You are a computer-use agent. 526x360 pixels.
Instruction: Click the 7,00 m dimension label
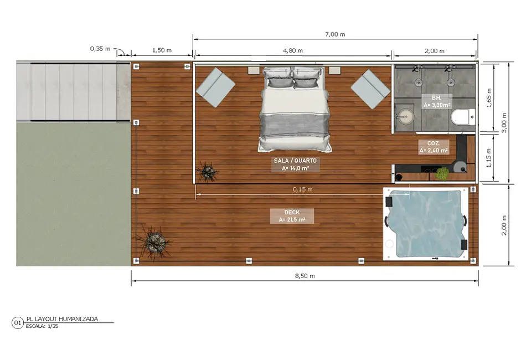335,34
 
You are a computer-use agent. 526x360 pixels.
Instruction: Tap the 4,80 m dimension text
293,50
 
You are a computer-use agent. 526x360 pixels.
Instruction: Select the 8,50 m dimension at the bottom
305,276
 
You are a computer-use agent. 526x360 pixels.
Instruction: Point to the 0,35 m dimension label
100,49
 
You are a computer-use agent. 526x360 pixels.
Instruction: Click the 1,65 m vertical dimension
489,97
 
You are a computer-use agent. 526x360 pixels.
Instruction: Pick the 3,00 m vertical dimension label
504,122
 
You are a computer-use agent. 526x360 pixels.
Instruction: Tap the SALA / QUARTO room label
295,161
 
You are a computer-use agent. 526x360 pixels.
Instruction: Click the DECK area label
292,212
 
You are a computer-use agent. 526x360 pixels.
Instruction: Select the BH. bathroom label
436,97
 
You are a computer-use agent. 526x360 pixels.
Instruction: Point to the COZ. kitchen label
434,143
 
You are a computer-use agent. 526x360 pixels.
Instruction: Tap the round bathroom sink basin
405,117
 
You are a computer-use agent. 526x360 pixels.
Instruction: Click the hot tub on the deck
426,224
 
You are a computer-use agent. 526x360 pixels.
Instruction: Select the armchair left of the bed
215,88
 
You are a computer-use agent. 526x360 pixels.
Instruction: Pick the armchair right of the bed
370,89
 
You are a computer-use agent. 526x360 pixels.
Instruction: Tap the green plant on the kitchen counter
442,174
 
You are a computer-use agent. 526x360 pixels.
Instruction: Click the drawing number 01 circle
18,323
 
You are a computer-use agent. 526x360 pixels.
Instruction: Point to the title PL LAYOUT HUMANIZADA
63,318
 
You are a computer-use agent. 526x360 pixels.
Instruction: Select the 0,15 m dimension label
302,189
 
